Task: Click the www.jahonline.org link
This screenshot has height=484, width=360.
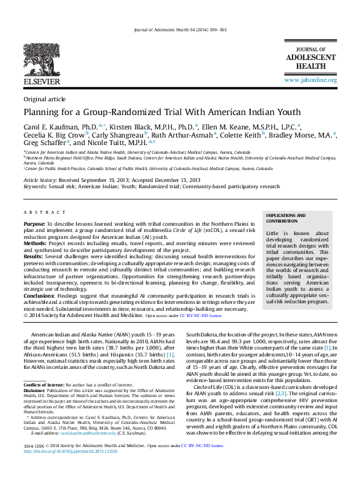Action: [310, 80]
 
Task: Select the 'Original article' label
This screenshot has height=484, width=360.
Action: [44, 99]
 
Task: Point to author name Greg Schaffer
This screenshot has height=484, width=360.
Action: [47, 143]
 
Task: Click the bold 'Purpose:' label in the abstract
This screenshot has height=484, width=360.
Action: [34, 223]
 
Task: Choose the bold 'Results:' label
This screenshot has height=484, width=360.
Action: [34, 256]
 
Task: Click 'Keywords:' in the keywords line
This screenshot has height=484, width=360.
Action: [35, 186]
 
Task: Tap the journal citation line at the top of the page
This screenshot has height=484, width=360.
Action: [180, 31]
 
